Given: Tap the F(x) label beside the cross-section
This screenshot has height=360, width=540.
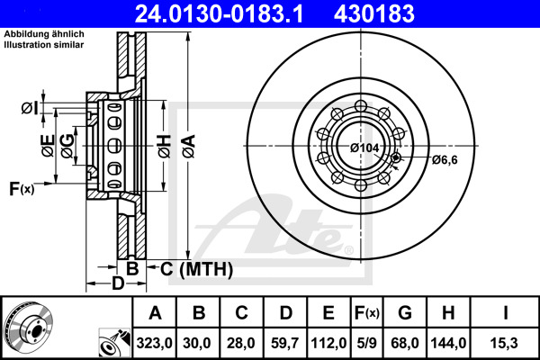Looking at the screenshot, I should pos(22,188).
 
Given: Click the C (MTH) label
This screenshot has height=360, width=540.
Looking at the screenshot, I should pos(190,268).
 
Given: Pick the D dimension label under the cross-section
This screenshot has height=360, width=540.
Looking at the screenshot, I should pos(116,285).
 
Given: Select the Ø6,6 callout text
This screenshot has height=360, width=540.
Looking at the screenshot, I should pos(445,160).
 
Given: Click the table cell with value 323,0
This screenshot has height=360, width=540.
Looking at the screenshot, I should pos(155,343).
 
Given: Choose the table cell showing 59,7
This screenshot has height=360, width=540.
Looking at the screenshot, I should pos(285,343).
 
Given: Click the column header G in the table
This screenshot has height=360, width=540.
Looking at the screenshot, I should pos(406,314).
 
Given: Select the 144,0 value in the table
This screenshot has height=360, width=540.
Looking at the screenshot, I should pos(449,343).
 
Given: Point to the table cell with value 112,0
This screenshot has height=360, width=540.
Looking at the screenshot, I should pos(328,343).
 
